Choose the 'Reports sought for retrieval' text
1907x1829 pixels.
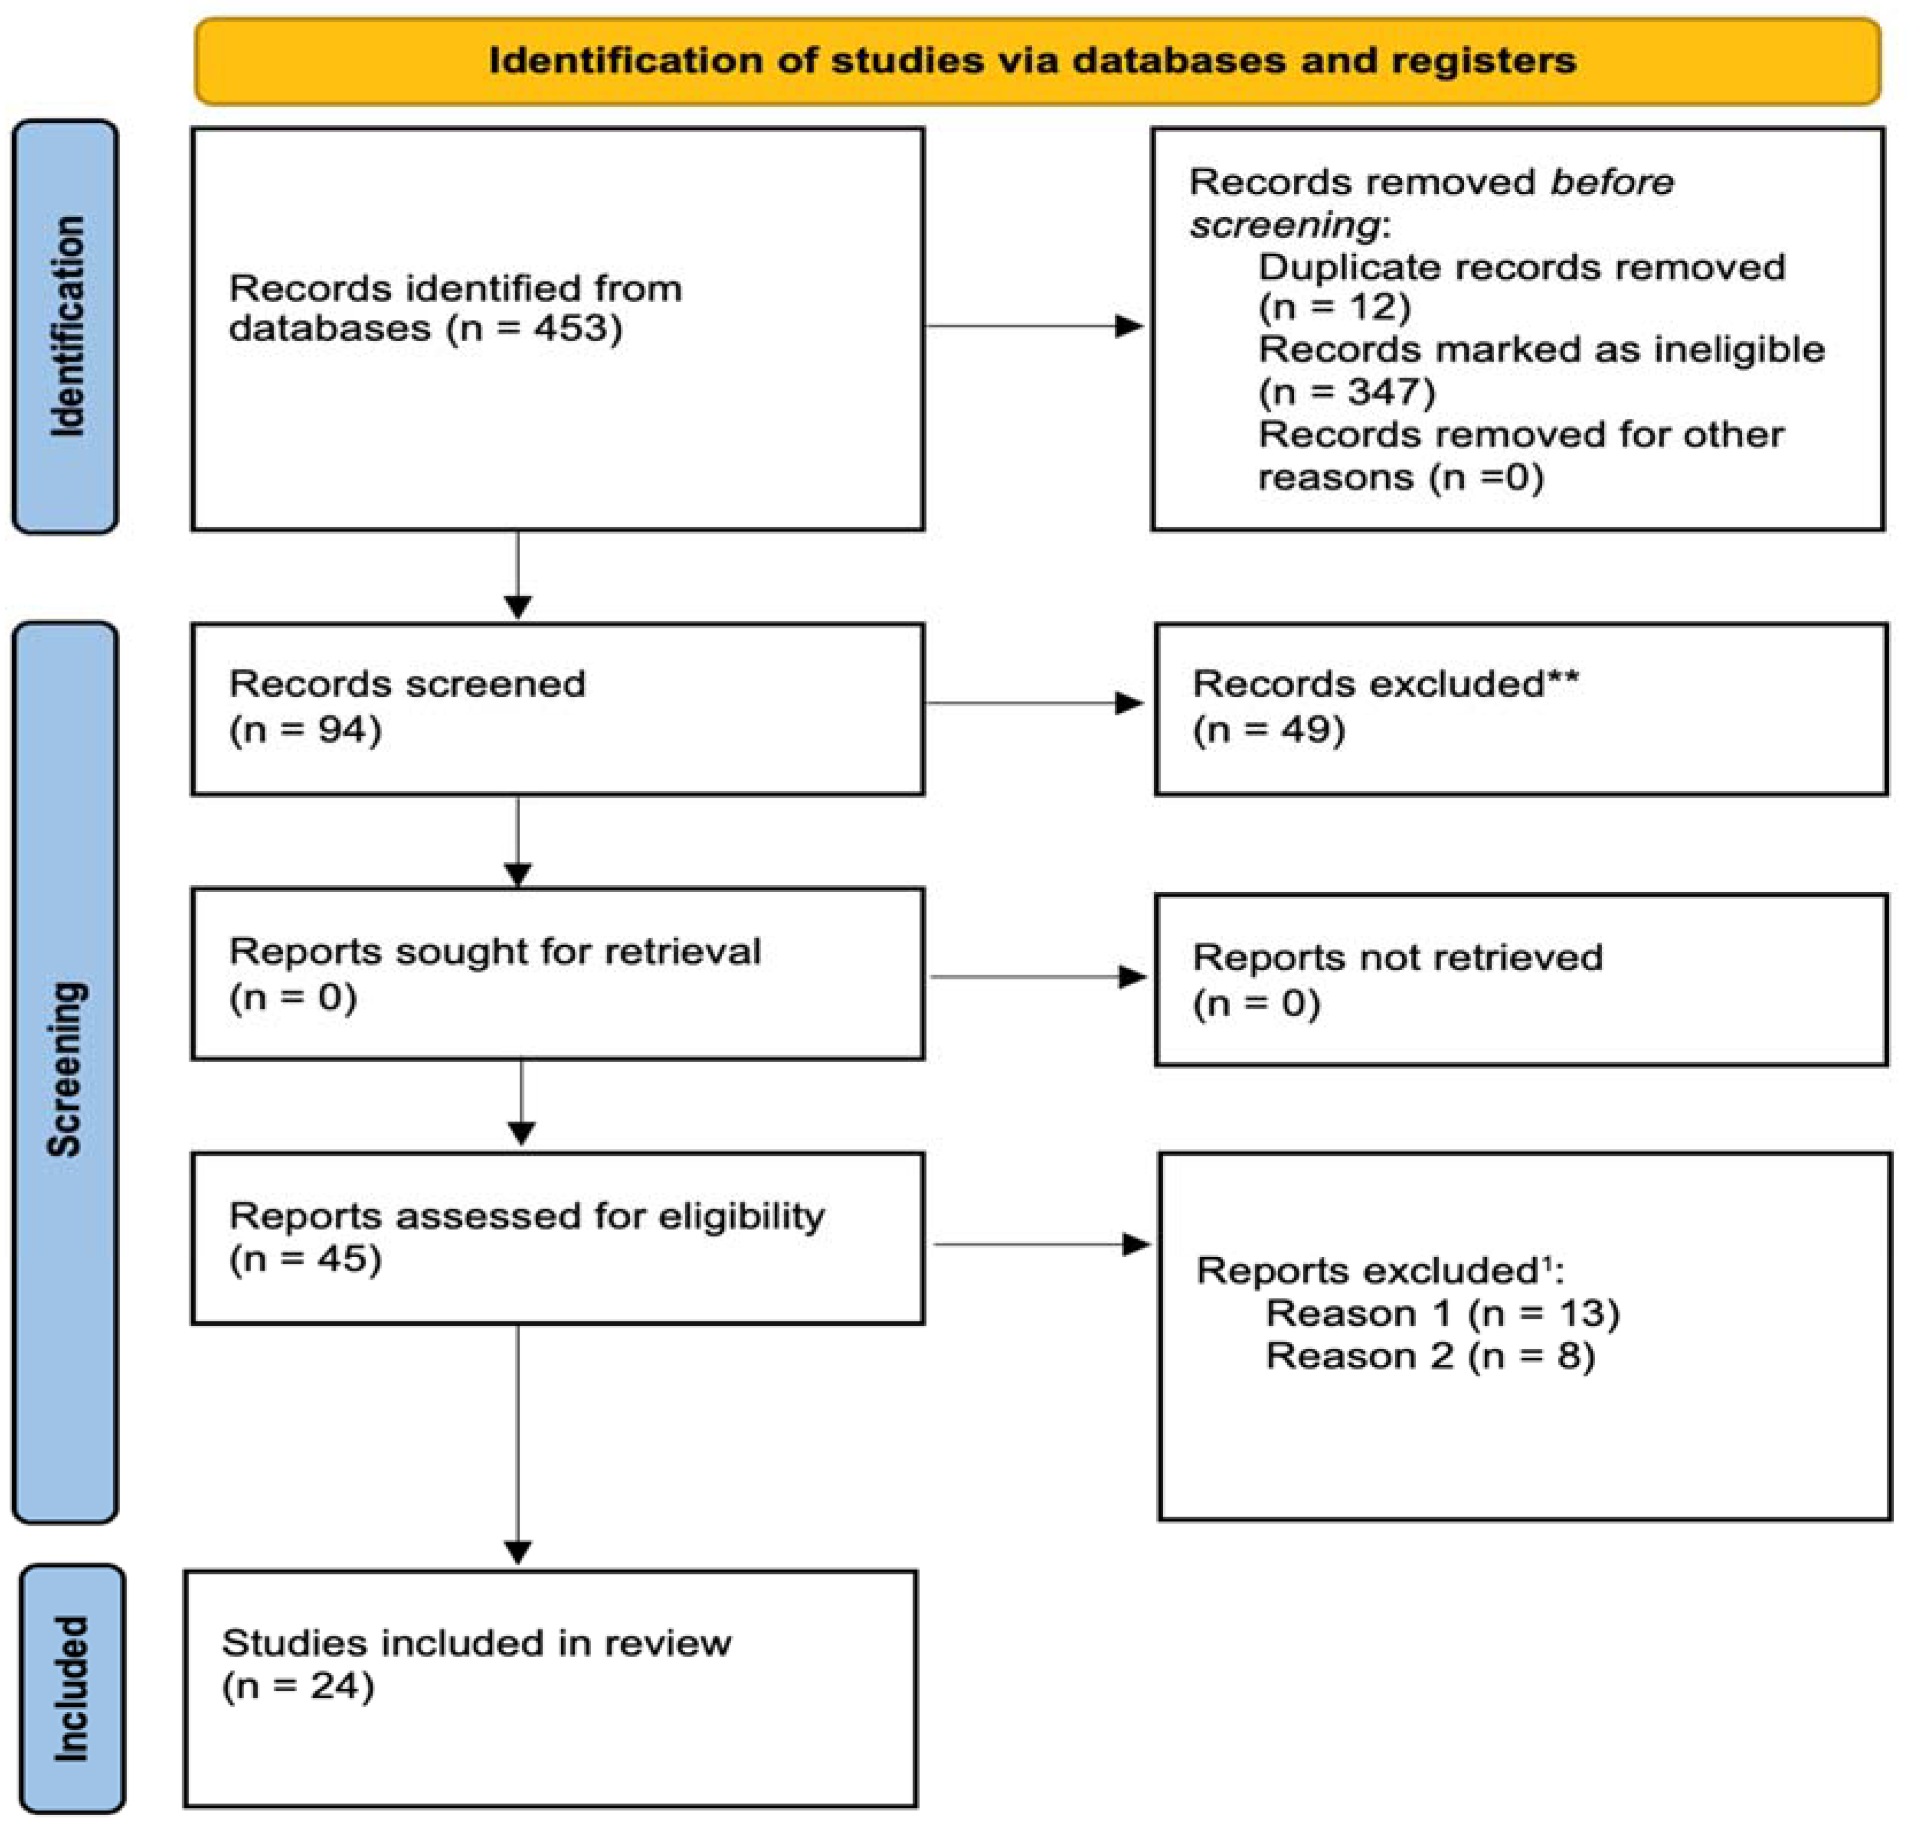494,951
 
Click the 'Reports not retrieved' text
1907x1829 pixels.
1397,958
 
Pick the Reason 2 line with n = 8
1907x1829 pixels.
1430,1356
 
